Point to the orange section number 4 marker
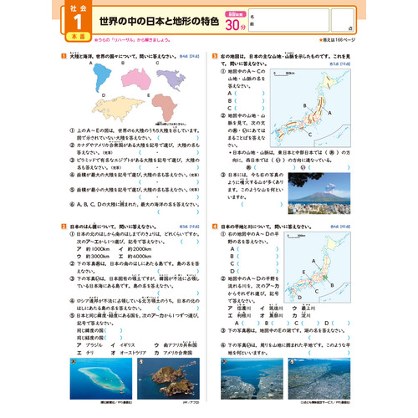click(x=216, y=226)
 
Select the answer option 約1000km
click(x=90, y=248)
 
